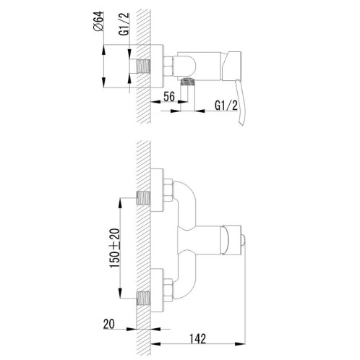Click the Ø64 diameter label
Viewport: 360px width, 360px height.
98,21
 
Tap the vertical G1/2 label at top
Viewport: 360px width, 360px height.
124,24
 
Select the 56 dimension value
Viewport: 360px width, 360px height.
169,97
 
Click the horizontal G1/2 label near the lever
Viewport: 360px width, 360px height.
226,106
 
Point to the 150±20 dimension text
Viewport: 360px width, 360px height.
115,248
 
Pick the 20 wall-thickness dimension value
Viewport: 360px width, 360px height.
109,324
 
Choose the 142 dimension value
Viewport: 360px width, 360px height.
197,339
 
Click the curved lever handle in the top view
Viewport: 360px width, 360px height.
241,103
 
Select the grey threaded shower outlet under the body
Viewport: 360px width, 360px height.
187,82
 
